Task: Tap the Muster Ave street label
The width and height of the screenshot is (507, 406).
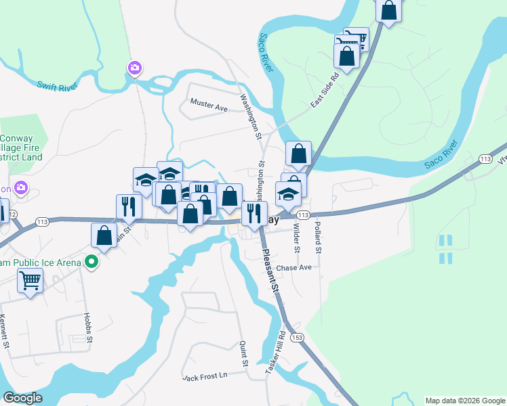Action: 209,106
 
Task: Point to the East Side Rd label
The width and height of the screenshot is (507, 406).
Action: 324,91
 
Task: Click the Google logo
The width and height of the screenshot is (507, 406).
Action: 22,398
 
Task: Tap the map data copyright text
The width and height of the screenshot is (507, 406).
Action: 464,401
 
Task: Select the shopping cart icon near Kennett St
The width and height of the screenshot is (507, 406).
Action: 30,280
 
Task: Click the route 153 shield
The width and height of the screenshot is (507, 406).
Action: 296,337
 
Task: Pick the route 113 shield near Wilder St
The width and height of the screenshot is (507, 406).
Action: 303,215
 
